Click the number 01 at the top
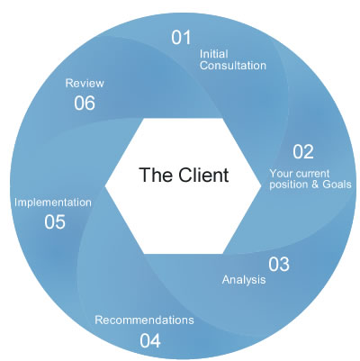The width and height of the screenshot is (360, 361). tap(183, 37)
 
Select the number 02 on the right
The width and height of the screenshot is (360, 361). tap(303, 152)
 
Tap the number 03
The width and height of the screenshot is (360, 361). tap(279, 264)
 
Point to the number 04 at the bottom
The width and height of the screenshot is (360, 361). tap(150, 339)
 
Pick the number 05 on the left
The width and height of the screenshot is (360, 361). tap(54, 221)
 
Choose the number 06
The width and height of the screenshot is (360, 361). tap(85, 103)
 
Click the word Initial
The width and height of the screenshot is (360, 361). tap(212, 52)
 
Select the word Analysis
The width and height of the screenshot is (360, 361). tap(244, 280)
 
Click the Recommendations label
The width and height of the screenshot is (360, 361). tap(144, 320)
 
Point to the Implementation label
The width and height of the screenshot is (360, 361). tap(52, 203)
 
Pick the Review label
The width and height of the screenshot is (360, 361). tap(85, 83)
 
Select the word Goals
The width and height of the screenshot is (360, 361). tap(335, 185)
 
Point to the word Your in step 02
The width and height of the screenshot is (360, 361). tap(282, 173)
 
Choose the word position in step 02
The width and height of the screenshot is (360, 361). tap(288, 185)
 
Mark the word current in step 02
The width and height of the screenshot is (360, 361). tap(316, 173)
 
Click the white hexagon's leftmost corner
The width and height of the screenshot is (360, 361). tap(106, 185)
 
